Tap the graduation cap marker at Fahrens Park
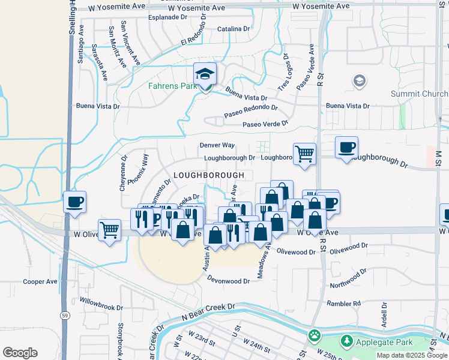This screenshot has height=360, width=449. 205,76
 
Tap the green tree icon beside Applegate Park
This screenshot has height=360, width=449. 346,341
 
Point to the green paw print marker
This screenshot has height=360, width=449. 314,334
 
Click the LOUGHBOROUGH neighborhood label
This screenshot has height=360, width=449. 208,175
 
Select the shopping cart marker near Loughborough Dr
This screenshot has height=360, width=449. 304,154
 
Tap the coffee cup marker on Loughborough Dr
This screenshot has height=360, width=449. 346,148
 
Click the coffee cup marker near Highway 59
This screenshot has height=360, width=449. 74,202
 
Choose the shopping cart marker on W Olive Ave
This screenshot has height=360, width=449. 109,229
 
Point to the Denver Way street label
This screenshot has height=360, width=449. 217,145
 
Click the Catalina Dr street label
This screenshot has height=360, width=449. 234,29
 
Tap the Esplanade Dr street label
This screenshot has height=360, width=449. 168,17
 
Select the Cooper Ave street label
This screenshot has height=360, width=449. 40,281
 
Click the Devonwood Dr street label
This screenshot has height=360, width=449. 229,281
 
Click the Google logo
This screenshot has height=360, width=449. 20,353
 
